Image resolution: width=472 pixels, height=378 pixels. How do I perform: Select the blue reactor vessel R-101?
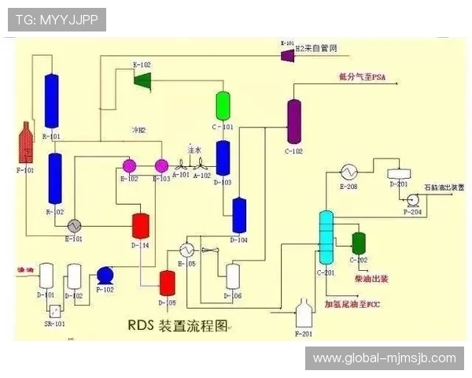[x=53, y=101]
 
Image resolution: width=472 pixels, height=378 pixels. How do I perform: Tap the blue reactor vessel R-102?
[x=55, y=179]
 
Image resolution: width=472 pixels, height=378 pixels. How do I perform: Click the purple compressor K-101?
[x=286, y=52]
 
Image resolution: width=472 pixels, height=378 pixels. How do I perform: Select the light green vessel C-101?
[x=223, y=106]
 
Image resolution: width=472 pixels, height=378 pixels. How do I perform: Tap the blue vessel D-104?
[x=238, y=214]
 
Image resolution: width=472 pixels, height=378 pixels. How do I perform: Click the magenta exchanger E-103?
[x=161, y=165]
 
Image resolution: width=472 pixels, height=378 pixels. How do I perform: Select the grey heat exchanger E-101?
[x=75, y=224]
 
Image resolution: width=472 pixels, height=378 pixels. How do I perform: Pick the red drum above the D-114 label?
[x=142, y=225]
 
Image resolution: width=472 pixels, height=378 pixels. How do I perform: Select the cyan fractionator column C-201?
[x=326, y=236]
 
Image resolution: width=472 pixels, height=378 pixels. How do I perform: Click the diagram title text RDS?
[x=142, y=324]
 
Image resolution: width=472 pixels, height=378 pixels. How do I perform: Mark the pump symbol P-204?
[x=411, y=201]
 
